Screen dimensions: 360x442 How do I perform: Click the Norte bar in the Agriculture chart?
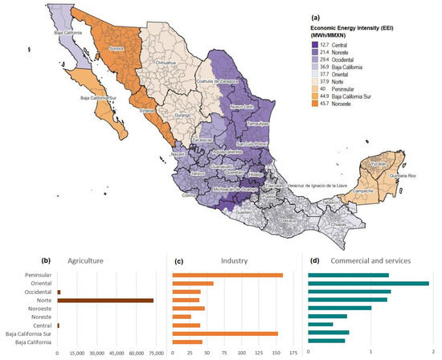[104, 301]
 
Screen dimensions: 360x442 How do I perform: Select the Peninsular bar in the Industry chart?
[227, 276]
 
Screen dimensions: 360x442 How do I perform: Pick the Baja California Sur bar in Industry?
[225, 333]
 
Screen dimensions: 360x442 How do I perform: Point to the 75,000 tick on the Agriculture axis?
[155, 353]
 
